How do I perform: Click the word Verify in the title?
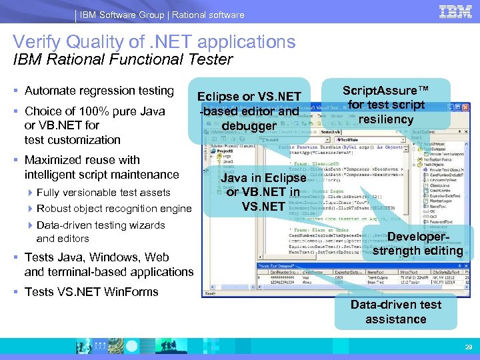(x=41, y=42)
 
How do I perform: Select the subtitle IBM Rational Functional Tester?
(x=123, y=59)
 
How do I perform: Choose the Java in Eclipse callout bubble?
(x=263, y=192)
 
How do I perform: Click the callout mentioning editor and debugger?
(x=249, y=111)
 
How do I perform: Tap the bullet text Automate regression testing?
(x=99, y=91)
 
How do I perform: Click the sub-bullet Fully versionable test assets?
(x=103, y=193)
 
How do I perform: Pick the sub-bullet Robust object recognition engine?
(x=113, y=209)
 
